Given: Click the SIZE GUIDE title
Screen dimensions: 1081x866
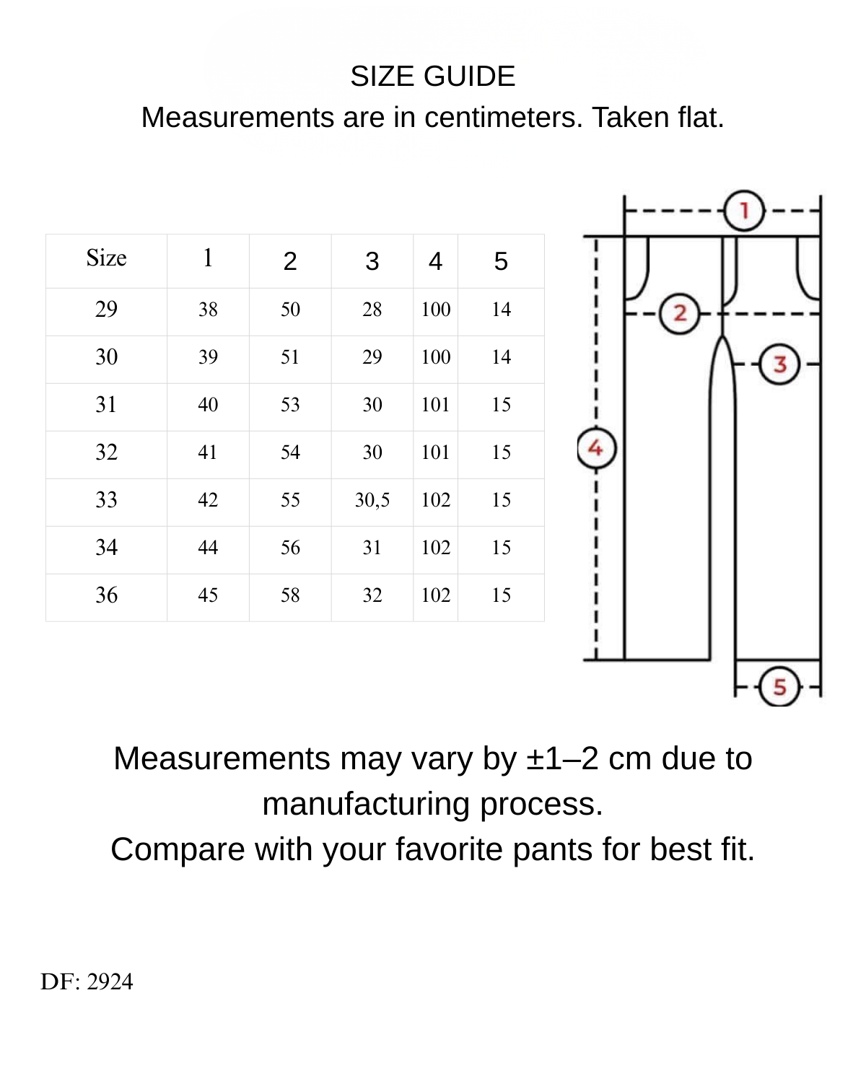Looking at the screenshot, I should [432, 76].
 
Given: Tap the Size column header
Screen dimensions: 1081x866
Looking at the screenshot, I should [106, 258].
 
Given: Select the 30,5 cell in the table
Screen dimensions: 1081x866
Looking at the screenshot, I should [372, 500].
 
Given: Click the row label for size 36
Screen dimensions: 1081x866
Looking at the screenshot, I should [106, 595].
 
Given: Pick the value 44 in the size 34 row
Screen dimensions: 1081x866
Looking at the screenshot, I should [208, 548].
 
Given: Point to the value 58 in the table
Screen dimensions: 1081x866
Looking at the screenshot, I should [290, 595].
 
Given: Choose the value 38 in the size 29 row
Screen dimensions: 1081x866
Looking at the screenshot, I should [208, 310].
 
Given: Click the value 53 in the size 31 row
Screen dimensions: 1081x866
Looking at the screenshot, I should [290, 405].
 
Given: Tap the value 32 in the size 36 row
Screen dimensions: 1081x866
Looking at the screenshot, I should [372, 595].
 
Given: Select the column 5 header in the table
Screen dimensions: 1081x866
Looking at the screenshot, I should [501, 261].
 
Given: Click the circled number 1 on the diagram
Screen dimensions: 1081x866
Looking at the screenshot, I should [744, 211].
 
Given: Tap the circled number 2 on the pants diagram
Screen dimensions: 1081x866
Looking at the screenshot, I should [679, 314].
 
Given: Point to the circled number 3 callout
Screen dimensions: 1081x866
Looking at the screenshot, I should [779, 364].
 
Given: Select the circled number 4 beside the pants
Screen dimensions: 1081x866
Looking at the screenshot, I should [596, 448].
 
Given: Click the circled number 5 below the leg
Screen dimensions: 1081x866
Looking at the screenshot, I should [779, 686].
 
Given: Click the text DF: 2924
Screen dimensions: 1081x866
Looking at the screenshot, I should [87, 982].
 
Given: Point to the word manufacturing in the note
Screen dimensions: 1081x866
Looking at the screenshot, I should [366, 804].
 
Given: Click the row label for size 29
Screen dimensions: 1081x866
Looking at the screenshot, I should [106, 310].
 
